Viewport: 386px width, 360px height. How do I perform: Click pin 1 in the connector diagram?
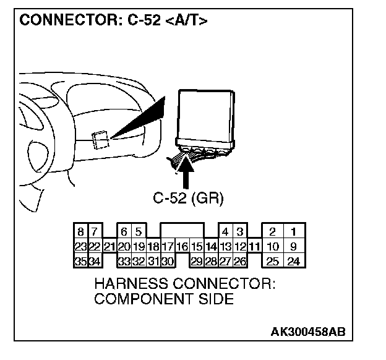point(293,233)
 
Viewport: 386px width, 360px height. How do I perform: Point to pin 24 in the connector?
point(293,261)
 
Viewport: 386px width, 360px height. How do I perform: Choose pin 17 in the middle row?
point(167,247)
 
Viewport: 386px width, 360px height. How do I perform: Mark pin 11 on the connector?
point(254,247)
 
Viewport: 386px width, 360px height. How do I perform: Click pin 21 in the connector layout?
point(109,247)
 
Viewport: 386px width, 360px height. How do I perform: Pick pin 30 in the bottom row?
point(167,261)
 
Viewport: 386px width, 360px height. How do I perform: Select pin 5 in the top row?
point(138,233)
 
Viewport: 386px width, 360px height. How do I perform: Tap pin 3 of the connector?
point(239,233)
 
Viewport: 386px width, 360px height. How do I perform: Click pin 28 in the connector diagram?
point(210,261)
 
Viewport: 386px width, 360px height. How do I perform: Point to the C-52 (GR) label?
point(187,199)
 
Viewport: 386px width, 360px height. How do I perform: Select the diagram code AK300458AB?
point(307,331)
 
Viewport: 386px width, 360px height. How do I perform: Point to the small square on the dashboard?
point(100,140)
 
